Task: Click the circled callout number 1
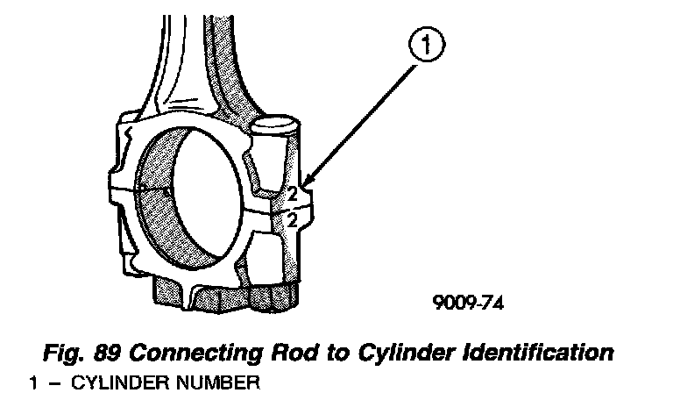[427, 46]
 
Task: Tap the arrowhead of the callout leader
[301, 187]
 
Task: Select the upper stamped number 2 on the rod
[292, 193]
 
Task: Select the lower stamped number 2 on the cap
[292, 219]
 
